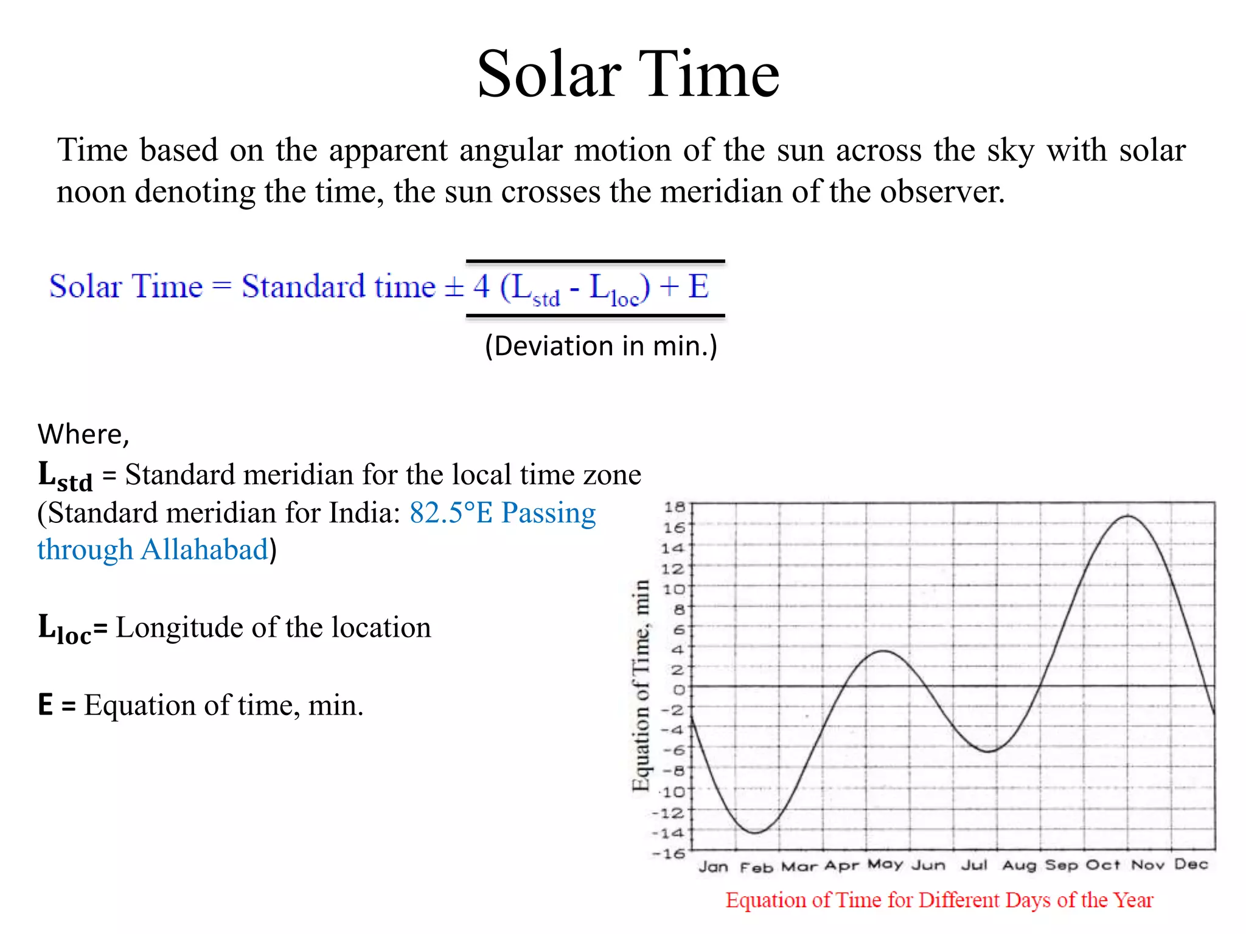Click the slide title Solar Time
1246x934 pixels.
[627, 74]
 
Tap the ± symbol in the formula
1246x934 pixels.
[454, 287]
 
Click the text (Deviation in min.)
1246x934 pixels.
[601, 346]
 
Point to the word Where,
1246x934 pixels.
[83, 434]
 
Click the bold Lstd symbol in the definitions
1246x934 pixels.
[64, 476]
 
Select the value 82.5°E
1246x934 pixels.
[450, 513]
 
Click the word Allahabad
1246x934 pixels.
[204, 550]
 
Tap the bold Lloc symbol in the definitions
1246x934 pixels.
[64, 629]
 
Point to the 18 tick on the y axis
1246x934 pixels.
[674, 507]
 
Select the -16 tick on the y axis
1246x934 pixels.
[669, 854]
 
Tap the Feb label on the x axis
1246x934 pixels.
[756, 867]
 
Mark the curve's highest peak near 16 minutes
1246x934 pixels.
[1127, 516]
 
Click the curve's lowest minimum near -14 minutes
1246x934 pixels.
[754, 832]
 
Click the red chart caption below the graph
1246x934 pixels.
[939, 900]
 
